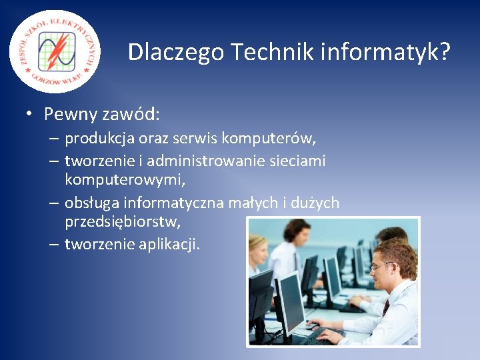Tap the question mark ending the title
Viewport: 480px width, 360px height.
445,51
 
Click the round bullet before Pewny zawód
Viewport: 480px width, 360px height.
30,114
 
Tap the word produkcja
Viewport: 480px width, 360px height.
97,139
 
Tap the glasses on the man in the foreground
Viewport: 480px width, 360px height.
381,266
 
